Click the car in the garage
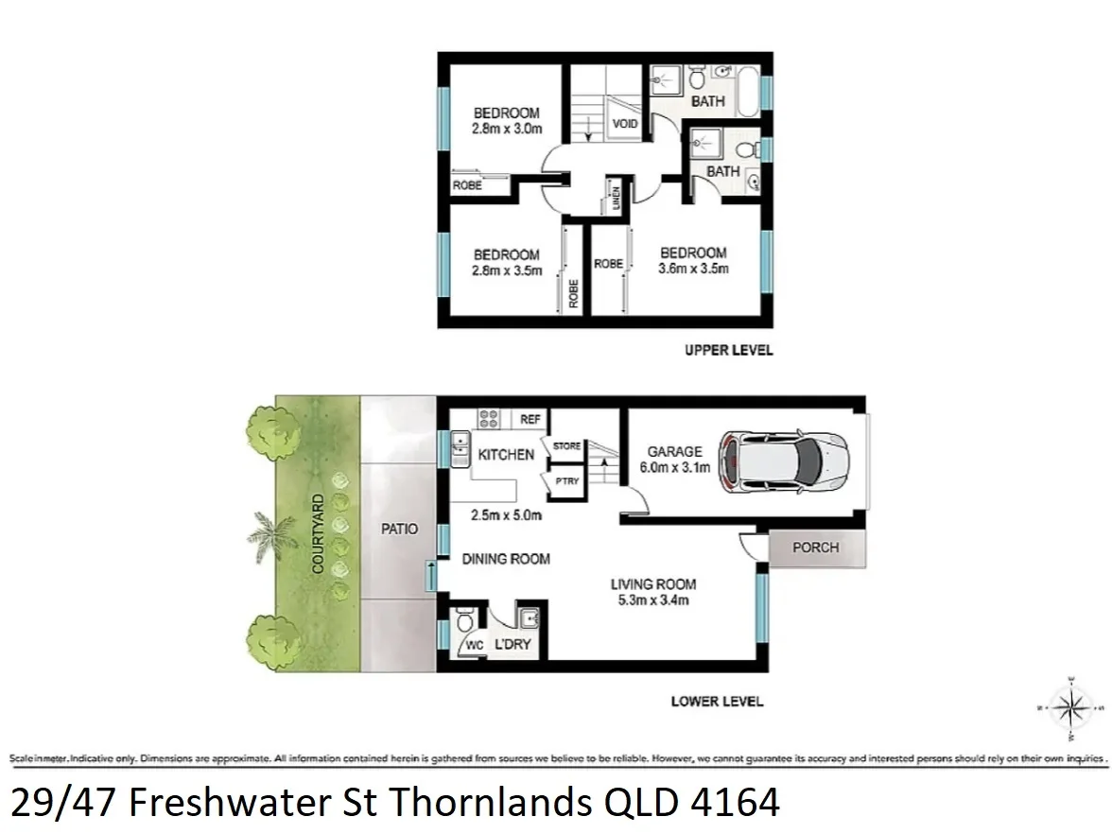coord(783,460)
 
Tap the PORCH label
coord(815,547)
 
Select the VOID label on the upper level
coord(625,124)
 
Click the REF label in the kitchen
coord(530,420)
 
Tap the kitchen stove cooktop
coord(489,419)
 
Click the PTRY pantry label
coord(567,482)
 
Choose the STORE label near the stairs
coord(566,445)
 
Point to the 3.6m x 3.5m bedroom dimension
coord(693,269)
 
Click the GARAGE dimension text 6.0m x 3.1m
coord(675,466)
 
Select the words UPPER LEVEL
coord(728,350)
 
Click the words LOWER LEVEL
coord(717,702)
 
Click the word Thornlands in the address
coord(490,803)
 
